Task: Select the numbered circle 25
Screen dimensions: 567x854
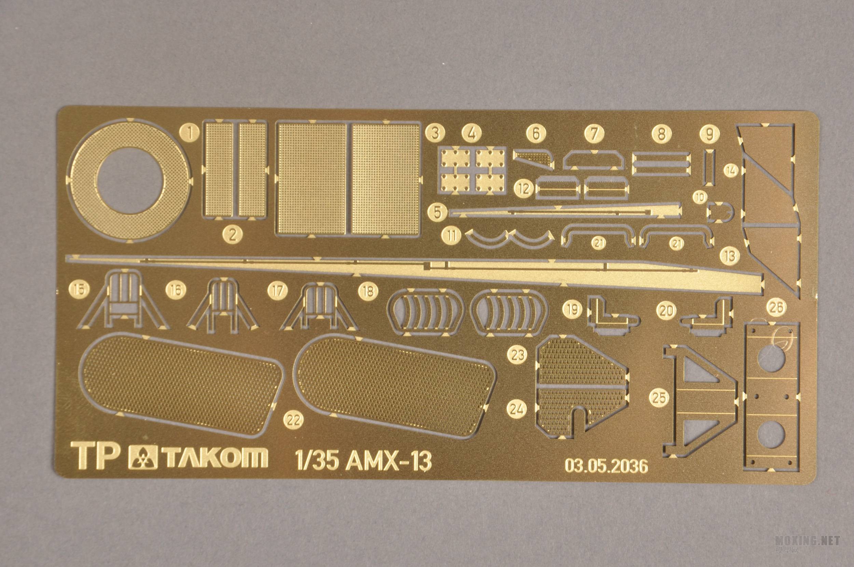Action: click(x=660, y=398)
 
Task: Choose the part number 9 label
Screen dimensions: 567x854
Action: click(x=710, y=135)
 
